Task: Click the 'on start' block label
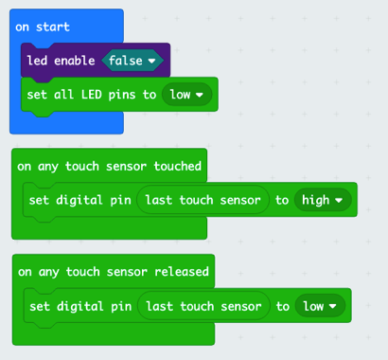pyautogui.click(x=43, y=27)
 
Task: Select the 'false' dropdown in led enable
pyautogui.click(x=132, y=61)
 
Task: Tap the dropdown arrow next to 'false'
pyautogui.click(x=151, y=61)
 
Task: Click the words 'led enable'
pyautogui.click(x=61, y=61)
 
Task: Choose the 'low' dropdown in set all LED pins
pyautogui.click(x=186, y=95)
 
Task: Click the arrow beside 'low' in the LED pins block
pyautogui.click(x=200, y=95)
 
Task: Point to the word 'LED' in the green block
pyautogui.click(x=92, y=95)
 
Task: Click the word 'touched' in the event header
pyautogui.click(x=177, y=166)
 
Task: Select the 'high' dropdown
pyautogui.click(x=323, y=200)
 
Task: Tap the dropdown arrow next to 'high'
pyautogui.click(x=339, y=200)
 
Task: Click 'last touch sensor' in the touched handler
pyautogui.click(x=203, y=200)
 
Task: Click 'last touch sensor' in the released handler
pyautogui.click(x=203, y=306)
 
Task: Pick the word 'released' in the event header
pyautogui.click(x=182, y=272)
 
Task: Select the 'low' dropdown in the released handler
pyautogui.click(x=320, y=306)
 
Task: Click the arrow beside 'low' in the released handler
pyautogui.click(x=333, y=306)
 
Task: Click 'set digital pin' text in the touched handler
pyautogui.click(x=79, y=200)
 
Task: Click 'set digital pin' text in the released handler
pyautogui.click(x=80, y=306)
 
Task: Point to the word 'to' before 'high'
pyautogui.click(x=282, y=200)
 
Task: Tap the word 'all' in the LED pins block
pyautogui.click(x=63, y=95)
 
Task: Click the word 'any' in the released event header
pyautogui.click(x=48, y=272)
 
